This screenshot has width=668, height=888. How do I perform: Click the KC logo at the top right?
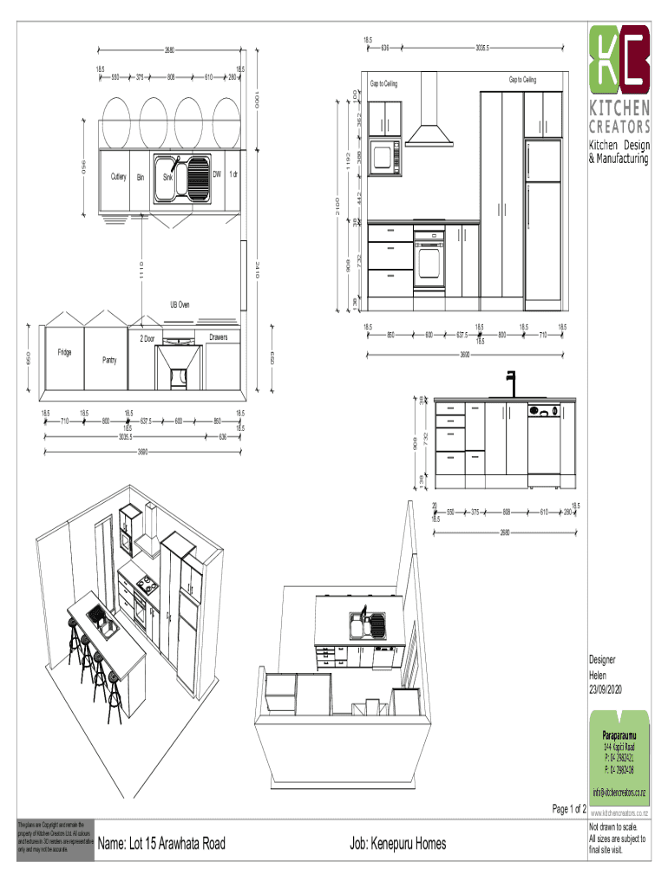(619, 59)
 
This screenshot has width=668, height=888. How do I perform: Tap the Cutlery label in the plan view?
(119, 177)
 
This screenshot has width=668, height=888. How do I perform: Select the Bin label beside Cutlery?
(140, 177)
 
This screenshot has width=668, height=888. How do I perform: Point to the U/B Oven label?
(180, 305)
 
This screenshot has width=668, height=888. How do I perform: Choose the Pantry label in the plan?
(109, 359)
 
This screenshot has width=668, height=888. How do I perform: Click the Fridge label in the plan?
(65, 352)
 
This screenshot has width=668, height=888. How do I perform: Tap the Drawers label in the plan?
(218, 336)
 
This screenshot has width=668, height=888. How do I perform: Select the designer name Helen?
(599, 675)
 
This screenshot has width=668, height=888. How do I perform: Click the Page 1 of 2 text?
(569, 809)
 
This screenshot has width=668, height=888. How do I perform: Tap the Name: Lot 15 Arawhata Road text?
(162, 844)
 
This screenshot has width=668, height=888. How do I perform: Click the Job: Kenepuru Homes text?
(398, 844)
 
